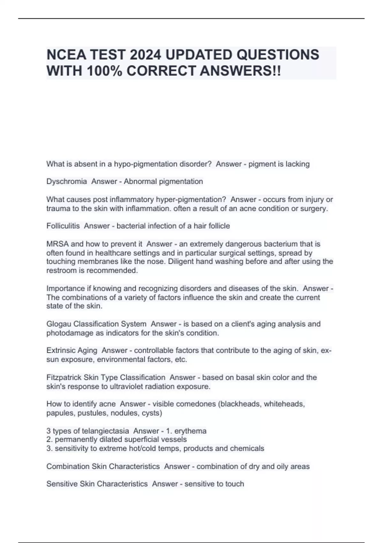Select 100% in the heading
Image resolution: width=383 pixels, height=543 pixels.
pyautogui.click(x=104, y=71)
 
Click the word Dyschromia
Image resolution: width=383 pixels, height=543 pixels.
pyautogui.click(x=66, y=181)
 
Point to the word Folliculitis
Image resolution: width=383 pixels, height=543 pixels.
pyautogui.click(x=63, y=226)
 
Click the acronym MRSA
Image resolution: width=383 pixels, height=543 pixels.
pyautogui.click(x=57, y=244)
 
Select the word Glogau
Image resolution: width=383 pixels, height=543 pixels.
pyautogui.click(x=59, y=324)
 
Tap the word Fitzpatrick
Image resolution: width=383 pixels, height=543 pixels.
pyautogui.click(x=64, y=377)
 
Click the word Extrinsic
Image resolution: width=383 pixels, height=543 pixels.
pyautogui.click(x=61, y=350)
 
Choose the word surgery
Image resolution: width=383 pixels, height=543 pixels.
pyautogui.click(x=314, y=209)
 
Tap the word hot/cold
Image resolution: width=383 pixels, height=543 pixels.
pyautogui.click(x=144, y=448)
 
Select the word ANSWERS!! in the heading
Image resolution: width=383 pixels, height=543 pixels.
pyautogui.click(x=240, y=71)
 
